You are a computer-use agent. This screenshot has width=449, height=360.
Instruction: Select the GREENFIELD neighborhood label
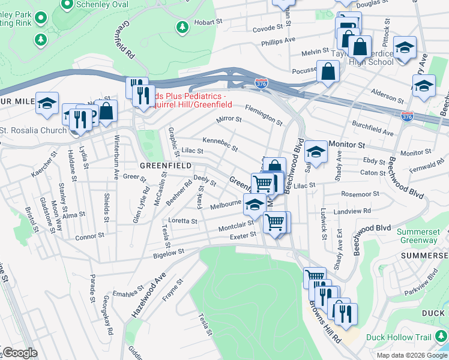165,165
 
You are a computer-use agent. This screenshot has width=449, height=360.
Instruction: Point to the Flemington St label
264,114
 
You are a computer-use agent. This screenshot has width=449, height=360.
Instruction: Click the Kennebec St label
220,144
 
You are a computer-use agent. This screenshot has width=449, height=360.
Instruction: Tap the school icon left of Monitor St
315,151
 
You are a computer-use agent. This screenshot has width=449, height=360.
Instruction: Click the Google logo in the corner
19,353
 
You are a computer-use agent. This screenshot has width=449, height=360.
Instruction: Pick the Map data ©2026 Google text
412,355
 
